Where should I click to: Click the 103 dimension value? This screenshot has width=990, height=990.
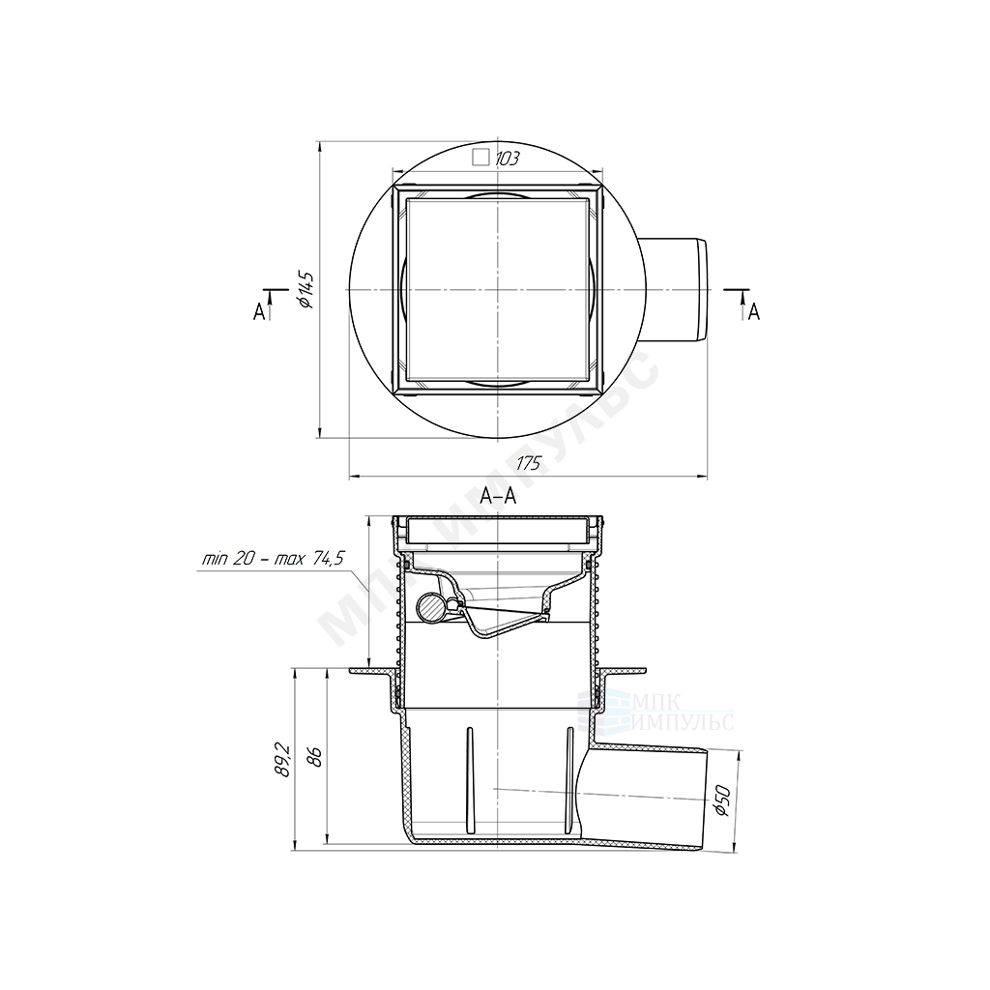click(x=507, y=159)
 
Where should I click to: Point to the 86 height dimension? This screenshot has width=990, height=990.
click(x=316, y=757)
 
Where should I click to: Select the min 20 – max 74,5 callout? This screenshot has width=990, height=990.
click(x=274, y=559)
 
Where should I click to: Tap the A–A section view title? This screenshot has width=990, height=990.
click(x=498, y=497)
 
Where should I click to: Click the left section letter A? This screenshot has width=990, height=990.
click(x=259, y=311)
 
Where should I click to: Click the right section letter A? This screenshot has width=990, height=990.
click(x=754, y=311)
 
